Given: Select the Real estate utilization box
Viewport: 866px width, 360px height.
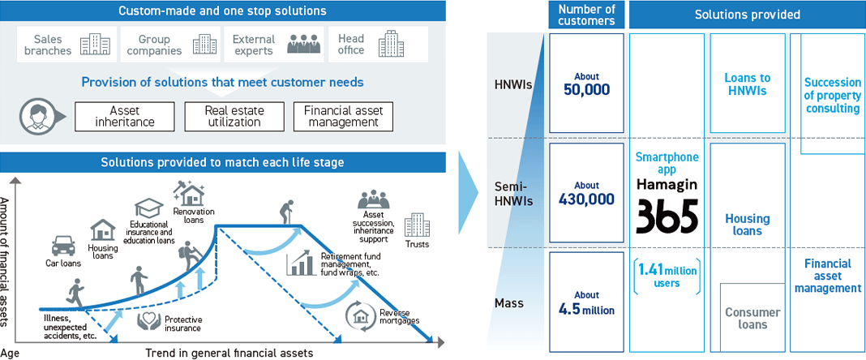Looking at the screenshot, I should point(235,116).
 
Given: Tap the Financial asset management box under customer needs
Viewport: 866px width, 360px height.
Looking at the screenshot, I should point(343,116).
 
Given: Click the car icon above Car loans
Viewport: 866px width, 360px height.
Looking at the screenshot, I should point(63,245).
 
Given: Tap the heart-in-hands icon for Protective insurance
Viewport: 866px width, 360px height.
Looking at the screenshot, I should point(148,321).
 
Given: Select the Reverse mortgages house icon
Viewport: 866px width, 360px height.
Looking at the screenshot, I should point(360,314).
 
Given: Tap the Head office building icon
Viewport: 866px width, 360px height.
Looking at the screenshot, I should point(392,44).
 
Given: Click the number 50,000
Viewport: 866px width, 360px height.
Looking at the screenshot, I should point(586,89).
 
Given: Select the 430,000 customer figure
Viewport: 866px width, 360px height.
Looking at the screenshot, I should point(586,199).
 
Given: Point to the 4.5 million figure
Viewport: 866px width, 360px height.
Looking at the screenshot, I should point(586,309).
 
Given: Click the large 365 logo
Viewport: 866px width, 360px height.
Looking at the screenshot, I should point(667,216).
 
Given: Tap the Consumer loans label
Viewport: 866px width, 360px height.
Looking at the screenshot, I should point(752,319).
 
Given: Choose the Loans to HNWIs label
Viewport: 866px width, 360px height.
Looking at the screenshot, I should point(748,84).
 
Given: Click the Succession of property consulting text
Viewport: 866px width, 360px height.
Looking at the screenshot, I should point(832,96).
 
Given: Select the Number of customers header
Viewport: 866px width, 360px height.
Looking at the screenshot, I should point(586,15).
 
